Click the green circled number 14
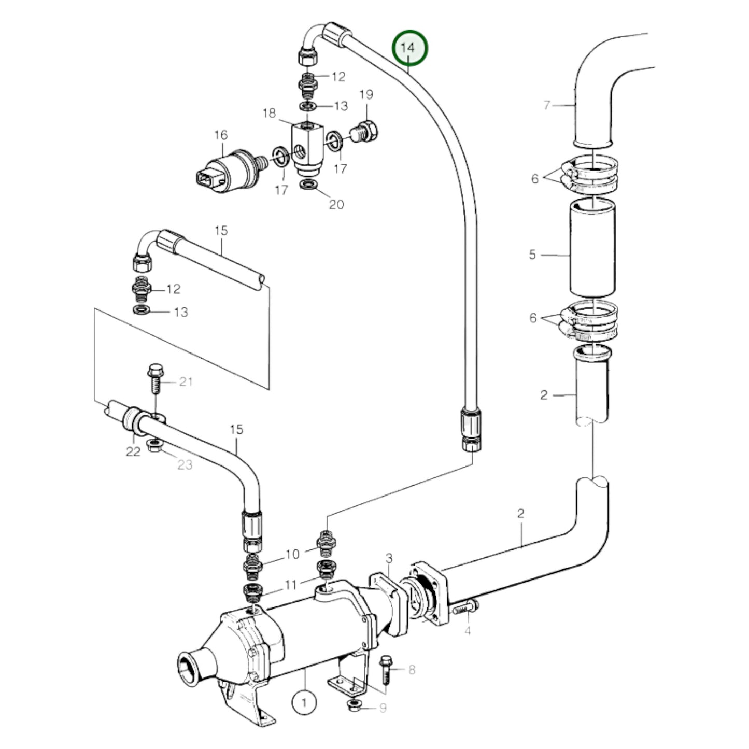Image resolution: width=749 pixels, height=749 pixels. [x=410, y=48]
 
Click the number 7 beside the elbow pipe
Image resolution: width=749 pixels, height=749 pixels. [x=546, y=106]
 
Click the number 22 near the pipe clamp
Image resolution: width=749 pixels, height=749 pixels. [x=133, y=451]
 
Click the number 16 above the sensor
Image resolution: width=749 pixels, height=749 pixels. [x=221, y=135]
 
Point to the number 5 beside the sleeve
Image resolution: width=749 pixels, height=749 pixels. [x=532, y=255]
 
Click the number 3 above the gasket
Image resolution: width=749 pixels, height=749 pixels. [x=389, y=558]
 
